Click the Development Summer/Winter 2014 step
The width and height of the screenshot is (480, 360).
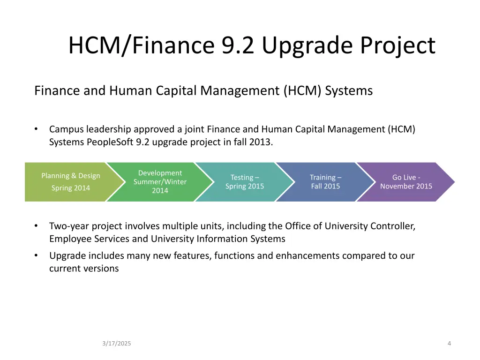click(x=160, y=182)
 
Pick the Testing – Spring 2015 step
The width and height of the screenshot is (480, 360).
click(x=245, y=182)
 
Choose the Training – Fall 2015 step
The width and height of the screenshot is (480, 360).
click(x=325, y=182)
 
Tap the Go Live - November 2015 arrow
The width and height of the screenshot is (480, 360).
click(x=406, y=182)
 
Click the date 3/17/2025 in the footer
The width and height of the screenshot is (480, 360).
click(x=117, y=344)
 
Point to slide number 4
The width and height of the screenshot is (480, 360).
click(x=449, y=344)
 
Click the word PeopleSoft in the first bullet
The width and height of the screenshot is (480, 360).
click(x=110, y=142)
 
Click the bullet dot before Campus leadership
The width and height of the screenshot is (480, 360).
click(x=36, y=129)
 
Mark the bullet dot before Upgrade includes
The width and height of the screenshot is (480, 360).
click(x=36, y=256)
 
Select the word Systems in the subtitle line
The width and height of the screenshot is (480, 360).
click(x=349, y=90)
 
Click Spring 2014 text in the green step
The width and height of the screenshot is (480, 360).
click(x=70, y=188)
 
